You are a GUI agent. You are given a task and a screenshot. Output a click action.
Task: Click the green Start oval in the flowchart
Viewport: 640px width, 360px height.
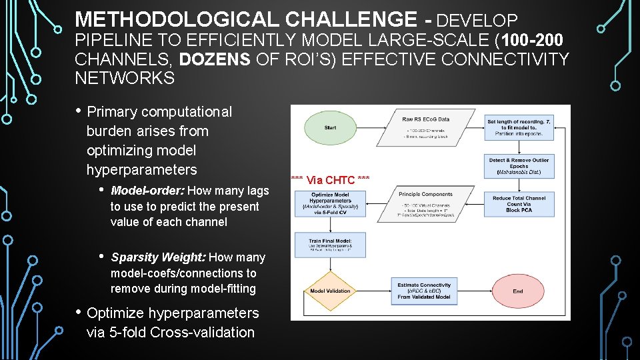(330, 127)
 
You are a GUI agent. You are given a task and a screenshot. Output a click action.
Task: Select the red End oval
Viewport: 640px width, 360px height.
(517, 291)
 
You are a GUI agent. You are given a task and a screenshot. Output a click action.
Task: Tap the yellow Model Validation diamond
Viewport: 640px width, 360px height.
(330, 291)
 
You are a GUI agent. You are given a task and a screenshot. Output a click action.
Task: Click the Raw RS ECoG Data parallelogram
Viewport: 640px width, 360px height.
(425, 127)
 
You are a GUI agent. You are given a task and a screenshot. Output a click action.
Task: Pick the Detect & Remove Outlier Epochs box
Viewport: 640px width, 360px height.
(519, 165)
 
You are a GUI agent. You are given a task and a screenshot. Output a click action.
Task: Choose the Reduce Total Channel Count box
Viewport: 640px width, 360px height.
(519, 204)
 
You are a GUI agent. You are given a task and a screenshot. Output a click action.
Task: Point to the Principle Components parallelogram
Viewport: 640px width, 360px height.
(425, 203)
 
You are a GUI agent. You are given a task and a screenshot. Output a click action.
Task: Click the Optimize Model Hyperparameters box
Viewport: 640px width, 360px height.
(330, 203)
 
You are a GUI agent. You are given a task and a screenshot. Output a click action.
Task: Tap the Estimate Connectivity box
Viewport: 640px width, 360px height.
(424, 290)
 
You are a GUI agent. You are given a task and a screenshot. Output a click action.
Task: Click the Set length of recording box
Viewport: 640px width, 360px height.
(519, 127)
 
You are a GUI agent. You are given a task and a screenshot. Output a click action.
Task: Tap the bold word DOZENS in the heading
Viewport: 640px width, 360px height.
(215, 59)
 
